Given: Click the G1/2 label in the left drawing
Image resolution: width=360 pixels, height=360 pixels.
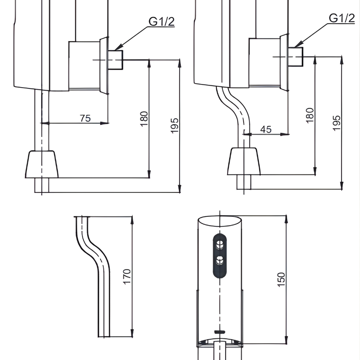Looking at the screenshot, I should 162,21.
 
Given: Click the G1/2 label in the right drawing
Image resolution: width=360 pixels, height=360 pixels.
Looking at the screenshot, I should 342,18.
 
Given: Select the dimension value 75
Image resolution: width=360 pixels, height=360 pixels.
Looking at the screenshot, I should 85,118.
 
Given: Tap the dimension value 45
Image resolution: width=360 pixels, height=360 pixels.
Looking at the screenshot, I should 266,129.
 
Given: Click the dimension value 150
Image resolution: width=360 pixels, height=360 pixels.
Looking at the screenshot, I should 281,280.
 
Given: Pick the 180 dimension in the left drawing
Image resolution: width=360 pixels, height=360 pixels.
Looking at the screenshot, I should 144,119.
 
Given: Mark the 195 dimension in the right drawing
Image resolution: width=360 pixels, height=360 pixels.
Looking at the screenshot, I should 337,123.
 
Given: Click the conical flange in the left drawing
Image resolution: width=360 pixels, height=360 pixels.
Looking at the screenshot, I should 42,164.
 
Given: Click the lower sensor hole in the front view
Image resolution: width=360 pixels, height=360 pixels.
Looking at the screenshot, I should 219,260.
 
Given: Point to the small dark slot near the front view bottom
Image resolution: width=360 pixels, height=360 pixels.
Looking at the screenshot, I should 219,332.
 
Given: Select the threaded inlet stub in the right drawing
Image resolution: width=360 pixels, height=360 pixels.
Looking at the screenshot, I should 296,56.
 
